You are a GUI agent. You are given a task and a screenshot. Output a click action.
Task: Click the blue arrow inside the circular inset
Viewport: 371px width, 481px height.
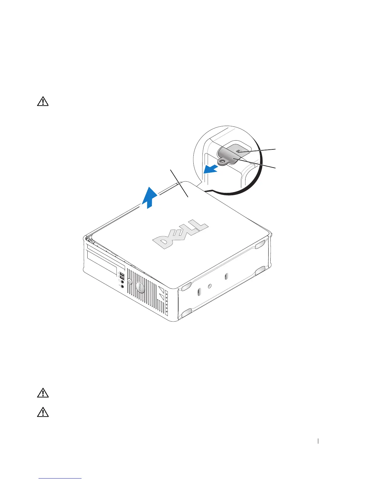pos(212,169)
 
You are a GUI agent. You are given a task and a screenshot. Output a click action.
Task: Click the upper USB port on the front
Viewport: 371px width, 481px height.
pos(122,275)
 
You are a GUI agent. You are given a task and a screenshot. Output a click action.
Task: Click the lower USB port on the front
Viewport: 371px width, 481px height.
pos(122,278)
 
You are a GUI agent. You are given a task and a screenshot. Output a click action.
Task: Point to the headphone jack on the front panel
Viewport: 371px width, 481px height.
pos(122,282)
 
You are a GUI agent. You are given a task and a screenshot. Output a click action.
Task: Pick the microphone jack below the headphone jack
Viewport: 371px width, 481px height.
pos(122,286)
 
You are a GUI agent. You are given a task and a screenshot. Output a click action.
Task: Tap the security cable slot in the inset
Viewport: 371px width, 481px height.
pos(239,150)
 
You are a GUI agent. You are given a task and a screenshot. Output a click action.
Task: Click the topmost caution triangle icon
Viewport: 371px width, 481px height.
pos(43,101)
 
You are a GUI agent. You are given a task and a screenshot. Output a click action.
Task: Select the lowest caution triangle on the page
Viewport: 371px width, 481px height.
pos(43,412)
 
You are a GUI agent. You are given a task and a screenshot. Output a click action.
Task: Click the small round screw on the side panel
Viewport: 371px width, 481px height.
pos(210,286)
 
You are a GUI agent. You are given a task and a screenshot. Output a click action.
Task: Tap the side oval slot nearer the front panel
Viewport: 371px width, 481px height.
pos(199,292)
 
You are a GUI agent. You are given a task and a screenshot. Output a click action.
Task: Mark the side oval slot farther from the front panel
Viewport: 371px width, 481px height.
pos(226,276)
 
